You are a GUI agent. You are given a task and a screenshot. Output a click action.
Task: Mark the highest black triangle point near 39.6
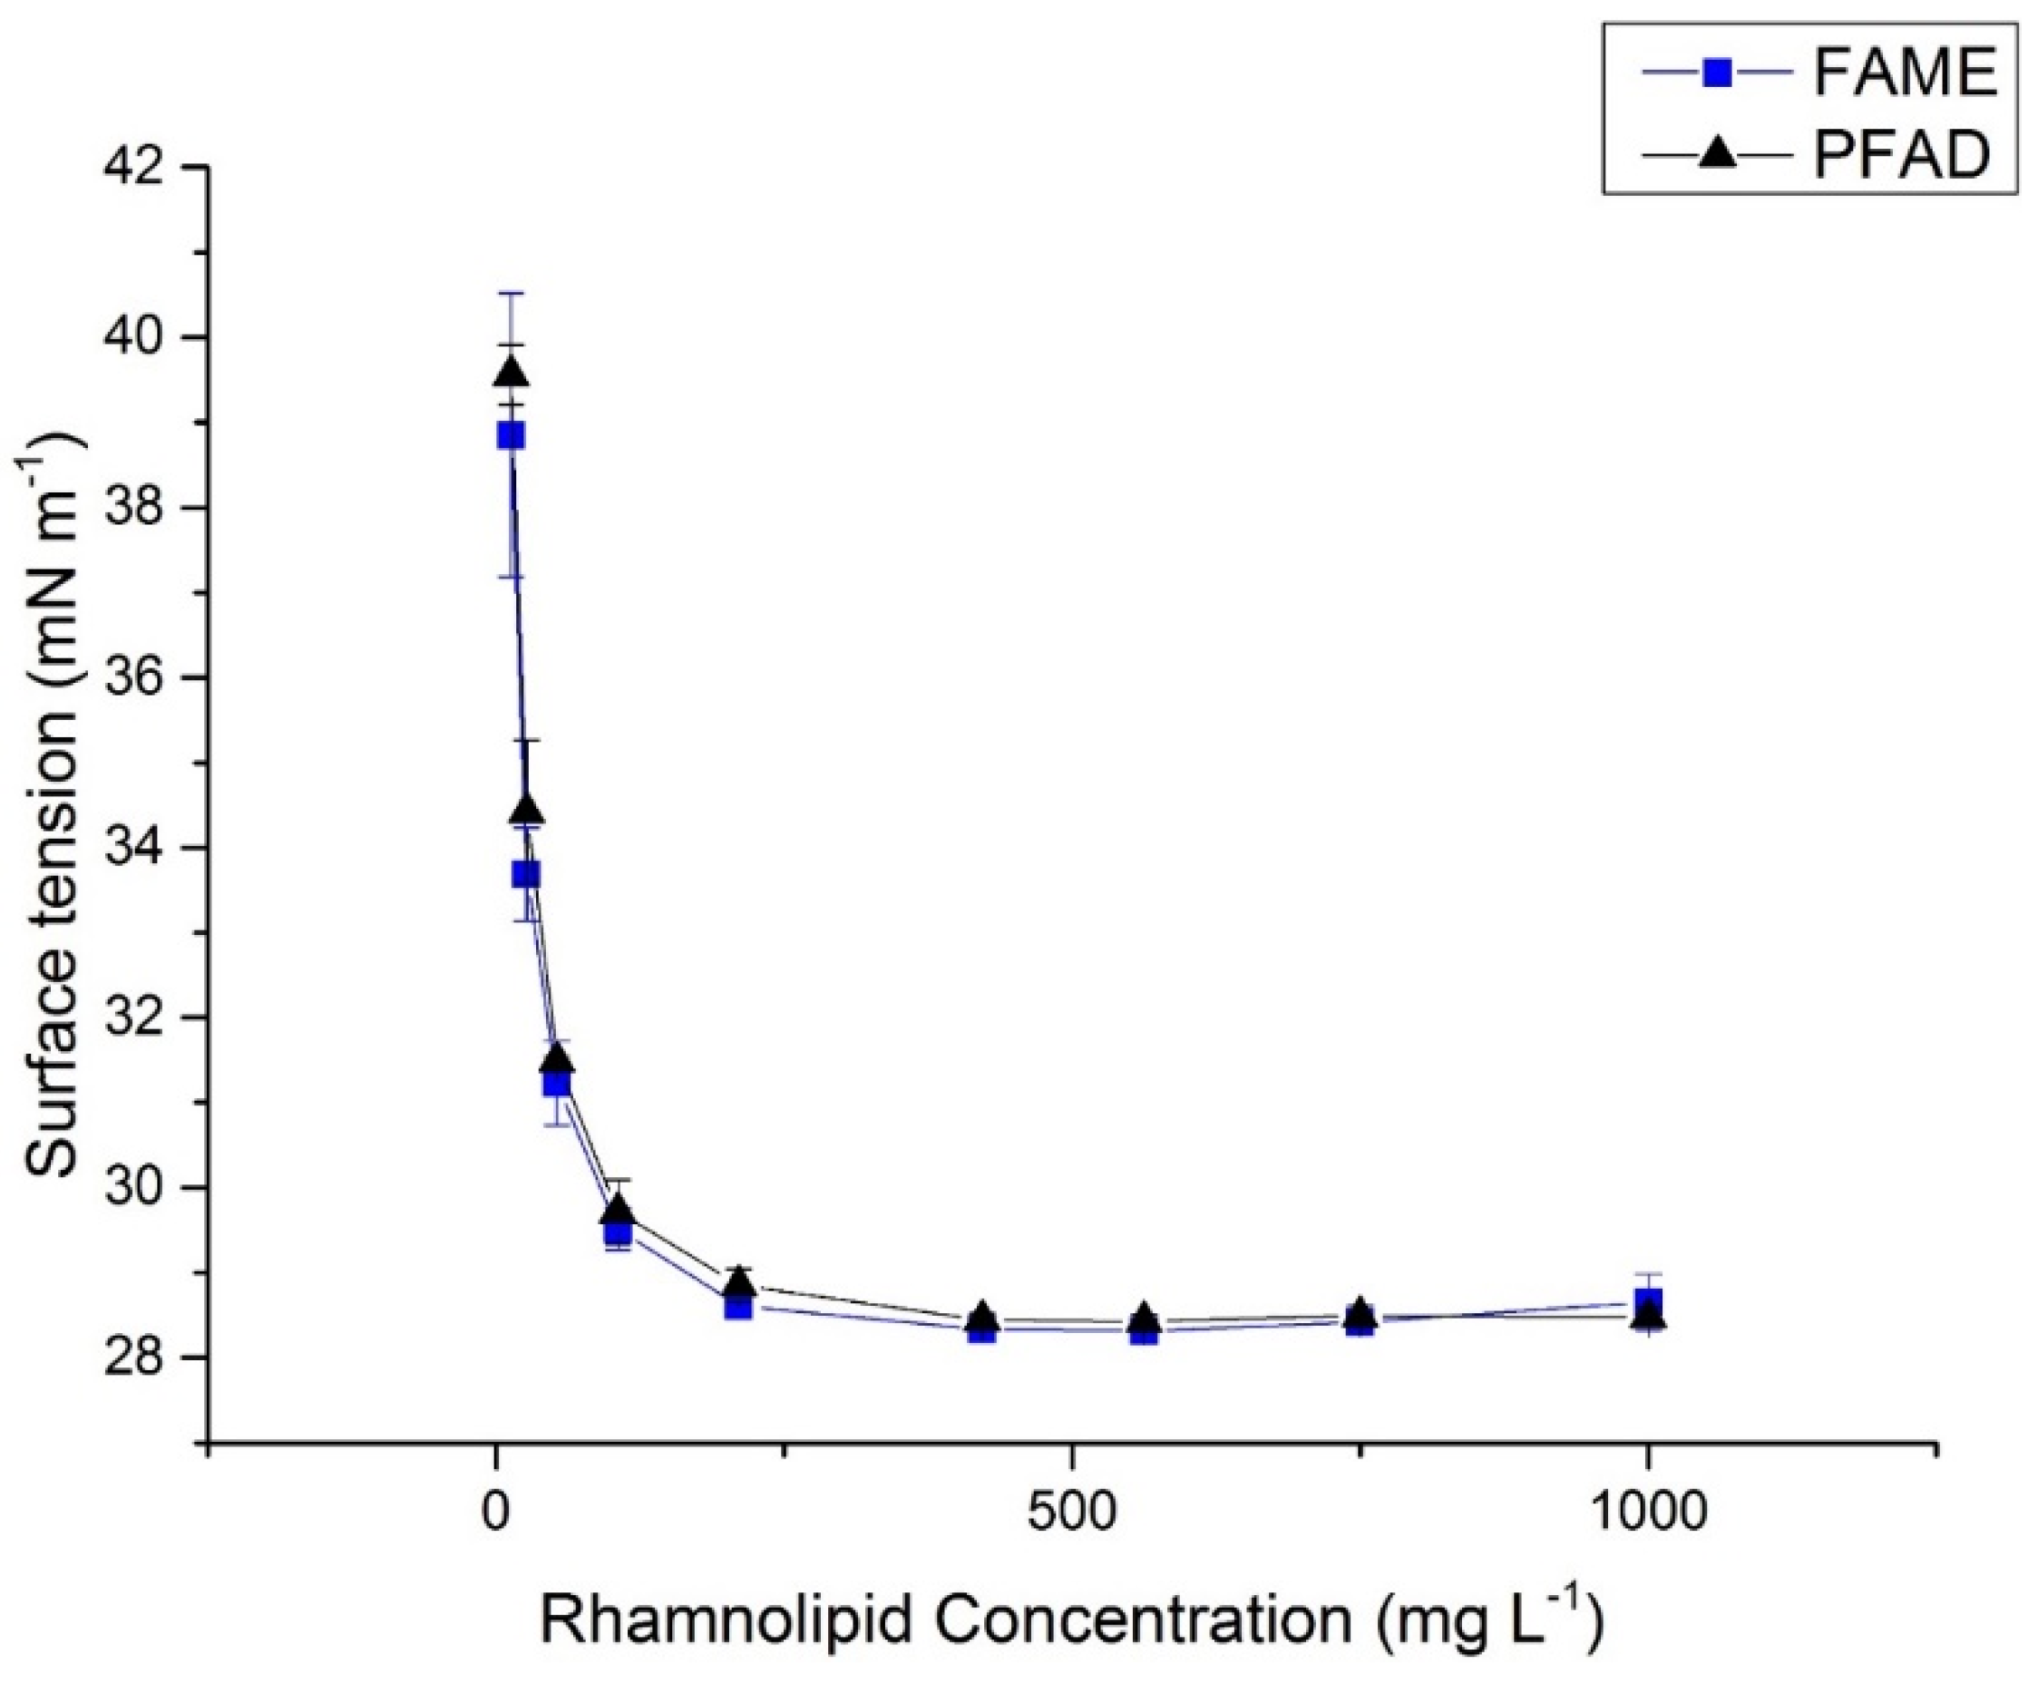pyautogui.click(x=512, y=374)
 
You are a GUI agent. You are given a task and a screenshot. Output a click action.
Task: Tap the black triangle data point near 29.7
pyautogui.click(x=618, y=1211)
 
